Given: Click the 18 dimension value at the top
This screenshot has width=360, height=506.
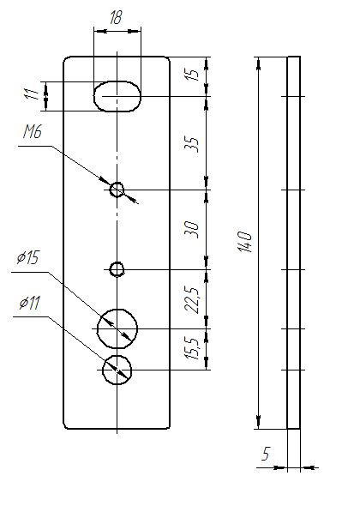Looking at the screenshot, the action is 116,17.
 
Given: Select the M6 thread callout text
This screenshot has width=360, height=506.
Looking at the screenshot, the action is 33,132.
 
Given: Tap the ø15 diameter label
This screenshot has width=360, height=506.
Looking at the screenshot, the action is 27,258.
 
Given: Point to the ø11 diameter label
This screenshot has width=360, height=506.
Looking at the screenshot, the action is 29,303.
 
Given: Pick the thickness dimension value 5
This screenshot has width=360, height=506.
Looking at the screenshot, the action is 265,454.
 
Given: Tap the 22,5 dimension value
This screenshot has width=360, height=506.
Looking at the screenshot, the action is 193,299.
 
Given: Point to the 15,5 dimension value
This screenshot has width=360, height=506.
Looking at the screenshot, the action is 193,348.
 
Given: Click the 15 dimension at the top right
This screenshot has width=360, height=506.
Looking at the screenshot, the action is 193,74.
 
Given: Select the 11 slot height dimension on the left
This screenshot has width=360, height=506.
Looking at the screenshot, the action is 32,93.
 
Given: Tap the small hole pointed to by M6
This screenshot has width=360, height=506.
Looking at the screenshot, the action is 117,183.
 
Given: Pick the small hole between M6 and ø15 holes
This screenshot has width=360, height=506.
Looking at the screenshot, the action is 117,262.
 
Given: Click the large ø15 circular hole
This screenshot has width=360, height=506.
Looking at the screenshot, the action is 117,309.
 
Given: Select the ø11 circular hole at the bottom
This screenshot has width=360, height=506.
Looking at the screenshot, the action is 117,356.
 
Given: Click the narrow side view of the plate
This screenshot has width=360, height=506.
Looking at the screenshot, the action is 293,243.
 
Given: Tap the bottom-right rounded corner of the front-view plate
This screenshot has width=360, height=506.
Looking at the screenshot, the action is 167,427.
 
